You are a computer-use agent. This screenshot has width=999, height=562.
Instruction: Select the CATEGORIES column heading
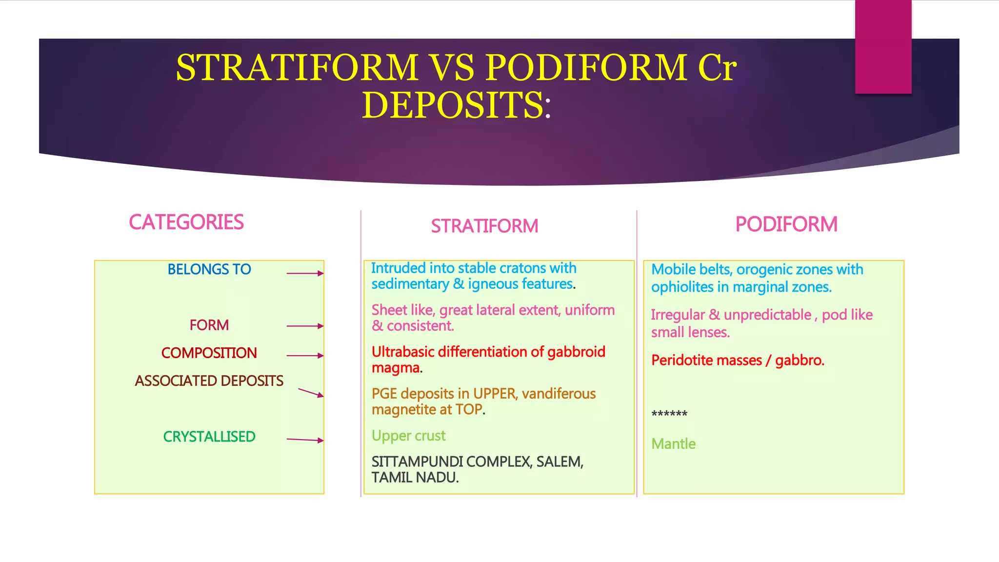click(x=186, y=222)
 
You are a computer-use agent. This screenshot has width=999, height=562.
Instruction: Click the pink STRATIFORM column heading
click(x=484, y=226)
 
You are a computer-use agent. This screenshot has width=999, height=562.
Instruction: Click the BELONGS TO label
click(x=209, y=269)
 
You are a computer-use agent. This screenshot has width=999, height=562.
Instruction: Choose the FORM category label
click(x=209, y=325)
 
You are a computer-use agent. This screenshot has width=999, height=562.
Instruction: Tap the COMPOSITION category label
click(x=209, y=353)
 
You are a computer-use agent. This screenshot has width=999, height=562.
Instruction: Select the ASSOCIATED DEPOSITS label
click(x=209, y=381)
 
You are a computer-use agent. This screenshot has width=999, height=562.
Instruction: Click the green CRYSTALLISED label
click(x=209, y=437)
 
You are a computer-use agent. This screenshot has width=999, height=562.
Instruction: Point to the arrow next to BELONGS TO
click(x=305, y=273)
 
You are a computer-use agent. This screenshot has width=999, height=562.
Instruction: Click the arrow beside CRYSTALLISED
click(x=305, y=440)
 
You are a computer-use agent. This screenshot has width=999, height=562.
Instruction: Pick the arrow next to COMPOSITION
click(x=305, y=356)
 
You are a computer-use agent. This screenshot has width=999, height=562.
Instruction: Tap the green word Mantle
click(x=673, y=444)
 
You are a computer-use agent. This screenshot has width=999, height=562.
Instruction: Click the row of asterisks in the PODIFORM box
click(x=669, y=414)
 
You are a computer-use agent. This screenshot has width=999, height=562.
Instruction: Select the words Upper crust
click(x=408, y=436)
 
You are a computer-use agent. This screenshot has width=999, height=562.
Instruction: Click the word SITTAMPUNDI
click(x=417, y=462)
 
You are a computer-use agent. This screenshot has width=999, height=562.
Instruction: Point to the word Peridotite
click(x=682, y=361)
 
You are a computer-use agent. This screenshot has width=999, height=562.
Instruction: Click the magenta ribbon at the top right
click(x=883, y=46)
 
